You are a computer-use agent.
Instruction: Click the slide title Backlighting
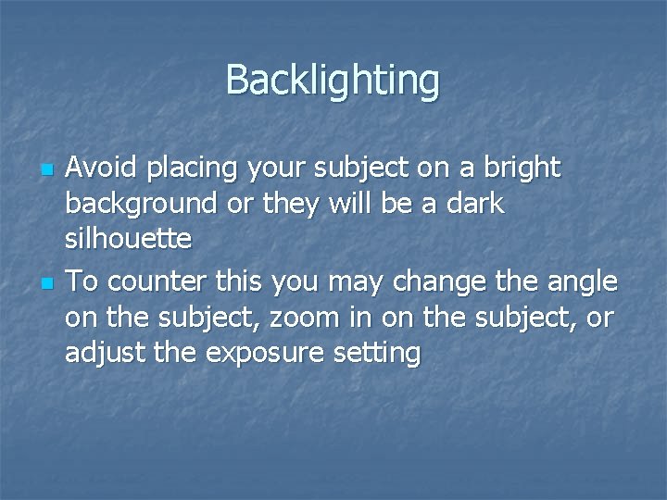[x=333, y=81]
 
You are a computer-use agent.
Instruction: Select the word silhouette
[x=128, y=239]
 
